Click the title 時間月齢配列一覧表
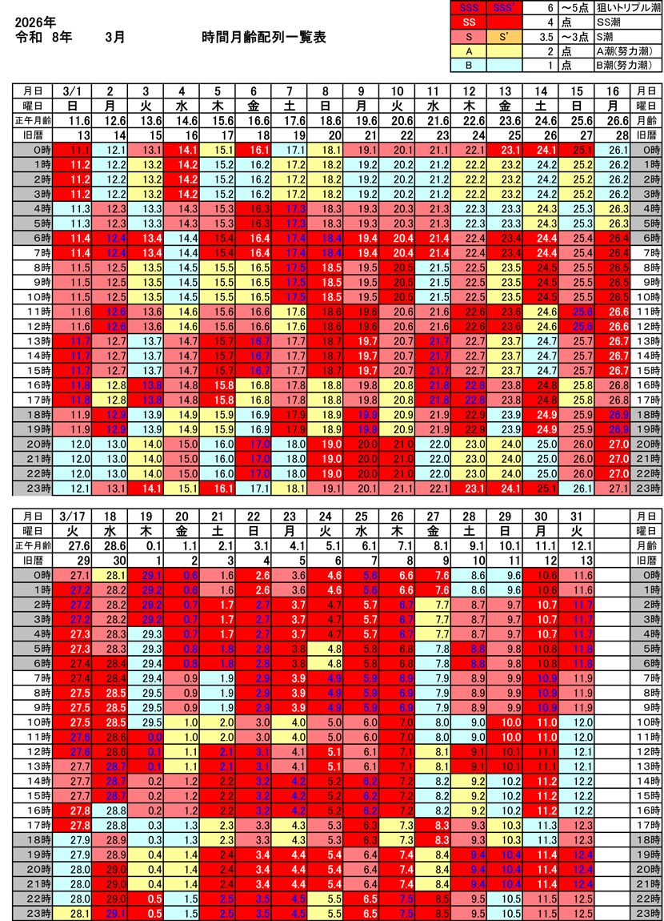[264, 38]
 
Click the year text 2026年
[37, 22]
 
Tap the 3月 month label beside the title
[114, 38]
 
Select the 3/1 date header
[74, 90]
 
